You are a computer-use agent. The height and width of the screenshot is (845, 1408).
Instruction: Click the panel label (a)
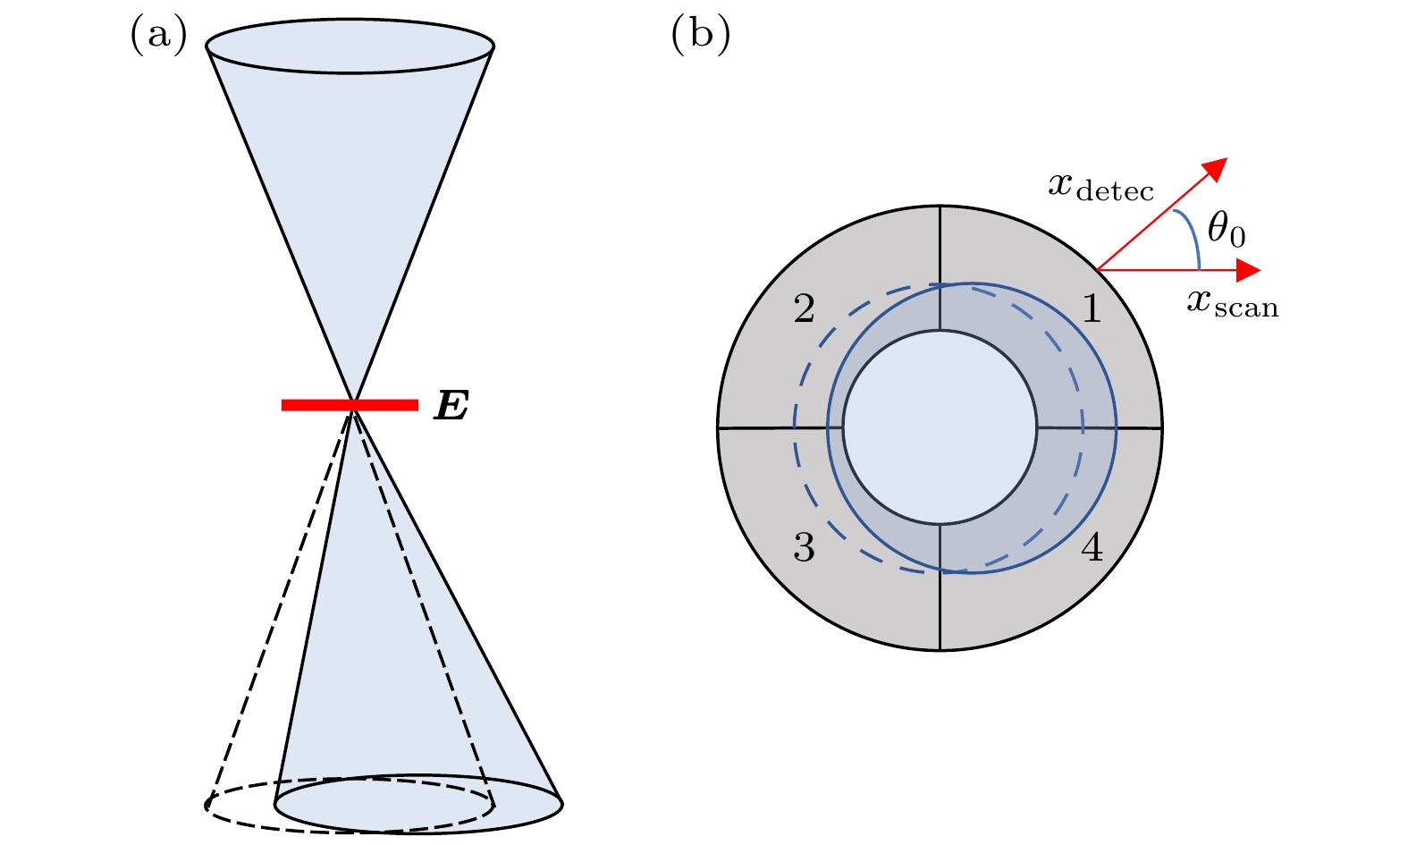click(x=158, y=35)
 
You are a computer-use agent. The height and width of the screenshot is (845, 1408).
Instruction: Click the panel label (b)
click(x=701, y=35)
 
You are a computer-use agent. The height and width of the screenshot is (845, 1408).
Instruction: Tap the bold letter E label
click(x=451, y=406)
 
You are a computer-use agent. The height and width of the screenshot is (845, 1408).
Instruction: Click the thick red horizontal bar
click(x=350, y=405)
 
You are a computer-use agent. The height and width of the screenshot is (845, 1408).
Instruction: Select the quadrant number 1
click(x=1092, y=308)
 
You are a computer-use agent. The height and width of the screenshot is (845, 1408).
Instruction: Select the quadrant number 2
click(x=805, y=308)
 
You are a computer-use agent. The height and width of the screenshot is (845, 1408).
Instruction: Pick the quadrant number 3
click(x=805, y=547)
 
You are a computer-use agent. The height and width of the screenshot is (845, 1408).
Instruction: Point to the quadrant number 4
click(x=1092, y=547)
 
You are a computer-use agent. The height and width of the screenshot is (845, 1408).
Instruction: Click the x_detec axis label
click(x=1101, y=187)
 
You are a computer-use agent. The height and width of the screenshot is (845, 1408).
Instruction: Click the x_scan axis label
click(x=1233, y=304)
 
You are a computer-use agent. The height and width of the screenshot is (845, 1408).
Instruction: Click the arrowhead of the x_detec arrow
click(x=1216, y=168)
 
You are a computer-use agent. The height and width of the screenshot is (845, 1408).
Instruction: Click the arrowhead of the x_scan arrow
click(x=1248, y=270)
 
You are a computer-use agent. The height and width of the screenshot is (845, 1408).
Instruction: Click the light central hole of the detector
click(x=940, y=427)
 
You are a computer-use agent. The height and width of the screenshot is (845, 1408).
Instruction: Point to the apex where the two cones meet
click(x=355, y=403)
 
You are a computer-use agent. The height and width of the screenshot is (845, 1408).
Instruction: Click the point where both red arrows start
click(x=1098, y=270)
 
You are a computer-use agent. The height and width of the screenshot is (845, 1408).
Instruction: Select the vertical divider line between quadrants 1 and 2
click(x=940, y=268)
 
